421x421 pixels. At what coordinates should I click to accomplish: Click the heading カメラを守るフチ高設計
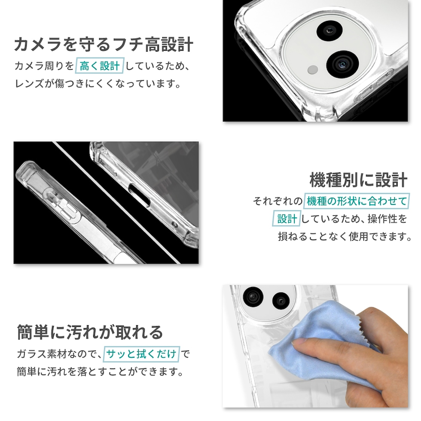(x=104, y=45)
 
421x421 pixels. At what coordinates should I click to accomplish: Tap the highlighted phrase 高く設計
(x=100, y=65)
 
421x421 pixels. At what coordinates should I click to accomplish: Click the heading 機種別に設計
(x=359, y=180)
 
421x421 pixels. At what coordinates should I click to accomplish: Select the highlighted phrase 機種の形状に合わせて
(x=357, y=201)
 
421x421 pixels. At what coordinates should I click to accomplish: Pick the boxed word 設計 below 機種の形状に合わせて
(x=287, y=219)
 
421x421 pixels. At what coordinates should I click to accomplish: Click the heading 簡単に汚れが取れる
(x=90, y=332)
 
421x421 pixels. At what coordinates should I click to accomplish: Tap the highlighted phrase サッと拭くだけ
(x=141, y=354)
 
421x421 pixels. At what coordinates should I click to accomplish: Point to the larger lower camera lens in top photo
(x=343, y=64)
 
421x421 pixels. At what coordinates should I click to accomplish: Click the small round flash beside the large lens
(x=313, y=70)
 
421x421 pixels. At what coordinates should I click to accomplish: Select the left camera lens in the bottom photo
(x=253, y=297)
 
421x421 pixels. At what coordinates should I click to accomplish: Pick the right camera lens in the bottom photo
(x=281, y=300)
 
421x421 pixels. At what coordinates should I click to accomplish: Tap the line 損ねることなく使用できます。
(x=345, y=237)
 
